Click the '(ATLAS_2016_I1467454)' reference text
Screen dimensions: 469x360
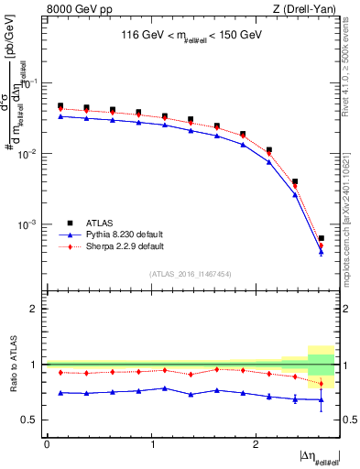click(191, 274)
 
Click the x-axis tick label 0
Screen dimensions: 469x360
click(47, 444)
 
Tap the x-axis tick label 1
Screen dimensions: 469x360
click(151, 444)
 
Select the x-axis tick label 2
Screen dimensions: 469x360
click(256, 444)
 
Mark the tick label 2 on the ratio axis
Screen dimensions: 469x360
click(34, 309)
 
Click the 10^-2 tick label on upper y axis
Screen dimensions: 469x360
click(27, 154)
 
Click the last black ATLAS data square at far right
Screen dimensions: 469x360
click(321, 238)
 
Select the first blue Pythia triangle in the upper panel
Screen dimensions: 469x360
click(60, 116)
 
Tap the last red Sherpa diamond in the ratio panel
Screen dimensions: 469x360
click(321, 384)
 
